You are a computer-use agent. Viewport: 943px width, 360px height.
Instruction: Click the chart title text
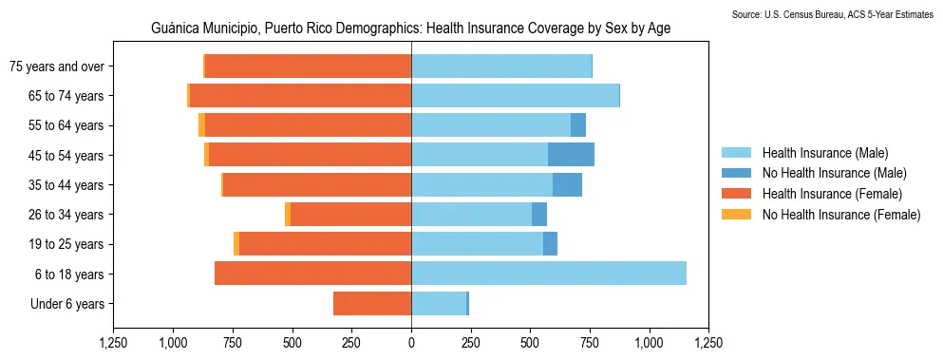tap(411, 28)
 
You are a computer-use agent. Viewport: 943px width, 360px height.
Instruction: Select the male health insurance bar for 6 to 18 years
tap(548, 274)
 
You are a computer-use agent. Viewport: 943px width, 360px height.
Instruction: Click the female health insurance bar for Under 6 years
tap(372, 304)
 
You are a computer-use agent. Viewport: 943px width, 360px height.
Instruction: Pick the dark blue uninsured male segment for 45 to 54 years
tap(571, 155)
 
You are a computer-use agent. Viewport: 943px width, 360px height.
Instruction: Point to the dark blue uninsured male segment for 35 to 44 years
tap(567, 184)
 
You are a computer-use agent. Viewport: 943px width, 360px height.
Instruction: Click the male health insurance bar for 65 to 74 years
tap(515, 95)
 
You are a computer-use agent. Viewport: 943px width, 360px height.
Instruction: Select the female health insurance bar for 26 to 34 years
tap(445, 215)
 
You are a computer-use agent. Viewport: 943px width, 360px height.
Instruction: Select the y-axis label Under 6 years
tap(73, 304)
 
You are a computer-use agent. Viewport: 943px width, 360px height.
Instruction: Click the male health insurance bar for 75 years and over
tap(501, 66)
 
